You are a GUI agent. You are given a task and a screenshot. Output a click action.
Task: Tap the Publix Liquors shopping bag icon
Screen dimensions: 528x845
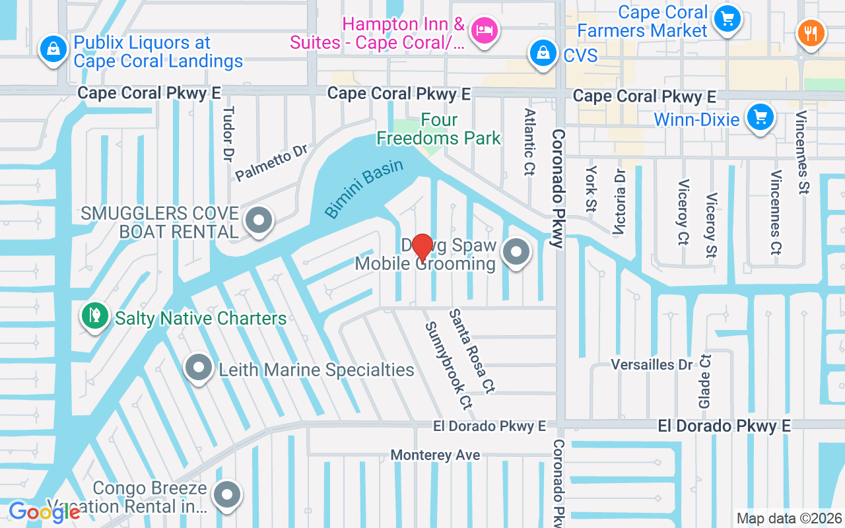[x=51, y=49]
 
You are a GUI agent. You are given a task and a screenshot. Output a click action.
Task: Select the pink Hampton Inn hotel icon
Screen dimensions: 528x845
[x=485, y=30]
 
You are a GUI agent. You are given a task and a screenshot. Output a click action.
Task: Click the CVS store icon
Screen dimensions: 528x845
[x=542, y=53]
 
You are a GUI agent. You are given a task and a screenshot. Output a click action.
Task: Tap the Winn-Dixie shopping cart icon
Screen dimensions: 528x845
[x=760, y=117]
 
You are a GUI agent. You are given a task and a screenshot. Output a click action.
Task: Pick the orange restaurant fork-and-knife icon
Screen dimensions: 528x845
[x=811, y=32]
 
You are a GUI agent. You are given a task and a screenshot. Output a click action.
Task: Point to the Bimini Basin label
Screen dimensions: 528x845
[x=364, y=188]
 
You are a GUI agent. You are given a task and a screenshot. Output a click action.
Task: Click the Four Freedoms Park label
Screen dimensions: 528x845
[x=438, y=129]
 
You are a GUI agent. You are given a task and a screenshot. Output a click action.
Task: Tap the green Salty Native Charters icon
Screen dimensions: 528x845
[x=94, y=315]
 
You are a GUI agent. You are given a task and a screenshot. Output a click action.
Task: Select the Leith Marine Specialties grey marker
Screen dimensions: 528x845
[x=198, y=367]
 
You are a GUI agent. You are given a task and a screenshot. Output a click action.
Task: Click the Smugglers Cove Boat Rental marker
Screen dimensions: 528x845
[x=259, y=220]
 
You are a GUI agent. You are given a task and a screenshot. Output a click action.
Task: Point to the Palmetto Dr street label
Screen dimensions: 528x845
[x=271, y=163]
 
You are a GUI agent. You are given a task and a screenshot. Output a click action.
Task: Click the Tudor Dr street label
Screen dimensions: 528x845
[x=228, y=135]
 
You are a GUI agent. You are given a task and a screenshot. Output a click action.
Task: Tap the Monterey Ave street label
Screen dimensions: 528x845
[x=435, y=455]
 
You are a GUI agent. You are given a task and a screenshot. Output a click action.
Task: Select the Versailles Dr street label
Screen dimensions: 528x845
[x=652, y=365]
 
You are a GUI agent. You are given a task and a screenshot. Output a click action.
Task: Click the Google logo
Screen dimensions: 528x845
[x=44, y=511]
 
